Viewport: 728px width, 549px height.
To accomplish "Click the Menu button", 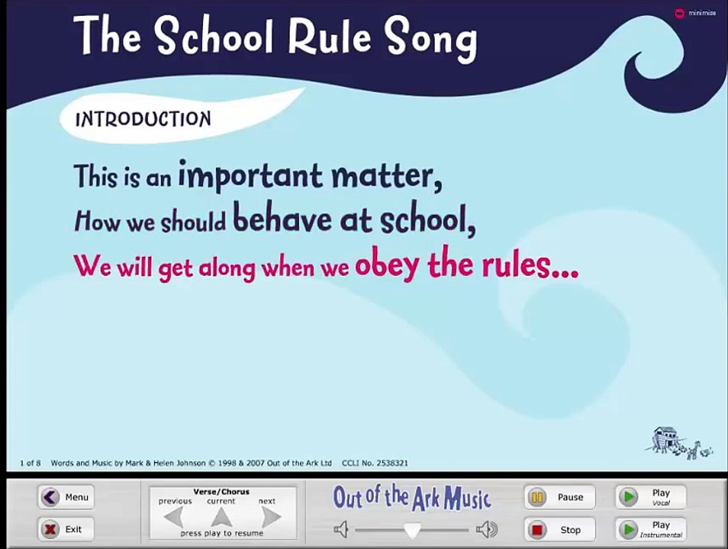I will [66, 497].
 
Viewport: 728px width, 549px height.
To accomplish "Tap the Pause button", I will [559, 497].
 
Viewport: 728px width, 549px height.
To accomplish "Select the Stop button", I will [559, 529].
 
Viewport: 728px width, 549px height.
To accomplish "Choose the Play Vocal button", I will [650, 497].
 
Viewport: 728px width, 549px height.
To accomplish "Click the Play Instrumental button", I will [650, 528].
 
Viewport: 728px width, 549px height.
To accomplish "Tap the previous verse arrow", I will [174, 517].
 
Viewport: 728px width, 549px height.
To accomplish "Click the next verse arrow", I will [270, 517].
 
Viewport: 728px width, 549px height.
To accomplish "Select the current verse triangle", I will [221, 517].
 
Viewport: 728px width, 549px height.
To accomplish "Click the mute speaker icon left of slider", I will [341, 529].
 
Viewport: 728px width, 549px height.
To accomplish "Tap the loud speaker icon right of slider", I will [486, 529].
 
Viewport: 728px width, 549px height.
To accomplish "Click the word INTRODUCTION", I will [143, 119].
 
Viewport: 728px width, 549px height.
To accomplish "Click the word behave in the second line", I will [282, 220].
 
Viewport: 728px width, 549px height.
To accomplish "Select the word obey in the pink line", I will [386, 265].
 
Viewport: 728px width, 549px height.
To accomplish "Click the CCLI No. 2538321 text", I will [375, 463].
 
